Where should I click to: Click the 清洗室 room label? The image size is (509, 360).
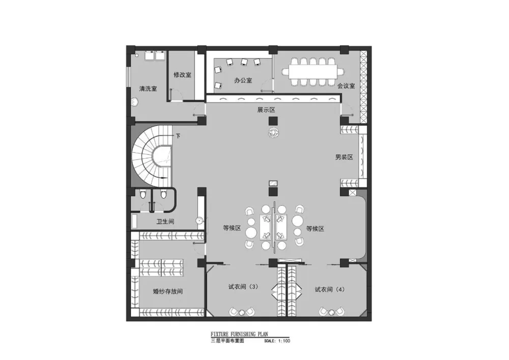148,89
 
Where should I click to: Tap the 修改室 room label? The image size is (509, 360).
182,75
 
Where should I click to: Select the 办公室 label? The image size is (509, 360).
243,80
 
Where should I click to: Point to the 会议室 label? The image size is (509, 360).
346,86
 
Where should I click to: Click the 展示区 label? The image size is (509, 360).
266,110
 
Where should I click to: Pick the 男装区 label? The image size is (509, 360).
344,157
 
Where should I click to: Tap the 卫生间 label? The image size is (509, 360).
165,221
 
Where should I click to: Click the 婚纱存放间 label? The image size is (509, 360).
168,291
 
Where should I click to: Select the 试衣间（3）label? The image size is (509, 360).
244,287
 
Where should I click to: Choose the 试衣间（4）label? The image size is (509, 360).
330,289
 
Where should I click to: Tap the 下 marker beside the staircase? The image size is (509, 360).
178,136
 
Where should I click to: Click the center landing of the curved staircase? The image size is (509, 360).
161,156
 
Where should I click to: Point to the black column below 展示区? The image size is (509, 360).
273,121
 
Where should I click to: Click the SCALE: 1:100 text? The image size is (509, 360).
277,341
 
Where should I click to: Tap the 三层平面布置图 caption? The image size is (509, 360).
227,341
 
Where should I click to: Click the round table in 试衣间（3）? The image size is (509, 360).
242,313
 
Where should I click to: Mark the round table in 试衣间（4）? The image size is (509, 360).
331,313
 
